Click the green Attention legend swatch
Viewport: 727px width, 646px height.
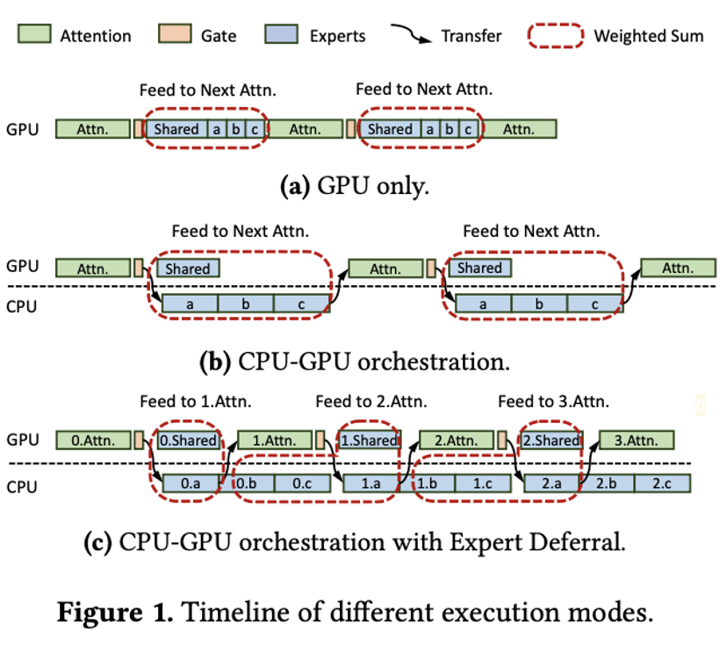click(34, 36)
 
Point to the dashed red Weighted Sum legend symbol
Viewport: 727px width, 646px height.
click(556, 36)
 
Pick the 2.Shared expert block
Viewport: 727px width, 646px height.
click(550, 441)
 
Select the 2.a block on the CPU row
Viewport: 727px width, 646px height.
click(551, 483)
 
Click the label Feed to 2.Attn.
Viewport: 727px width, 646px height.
click(371, 402)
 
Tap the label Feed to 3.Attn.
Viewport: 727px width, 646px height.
click(553, 402)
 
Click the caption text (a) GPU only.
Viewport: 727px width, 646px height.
click(354, 185)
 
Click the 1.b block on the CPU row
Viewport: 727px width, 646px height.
click(428, 483)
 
